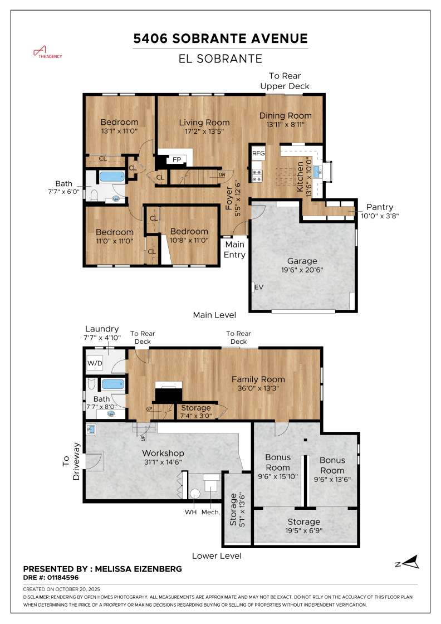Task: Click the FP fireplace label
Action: (x=177, y=159)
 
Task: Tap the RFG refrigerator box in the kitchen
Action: (x=258, y=153)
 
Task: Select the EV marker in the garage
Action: (x=258, y=287)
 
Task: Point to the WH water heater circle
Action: (x=195, y=493)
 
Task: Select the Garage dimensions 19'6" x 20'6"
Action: (x=302, y=270)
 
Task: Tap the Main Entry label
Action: (x=234, y=249)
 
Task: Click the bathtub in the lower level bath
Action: (x=113, y=384)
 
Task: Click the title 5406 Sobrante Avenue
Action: (x=220, y=38)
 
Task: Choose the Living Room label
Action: (x=204, y=123)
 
